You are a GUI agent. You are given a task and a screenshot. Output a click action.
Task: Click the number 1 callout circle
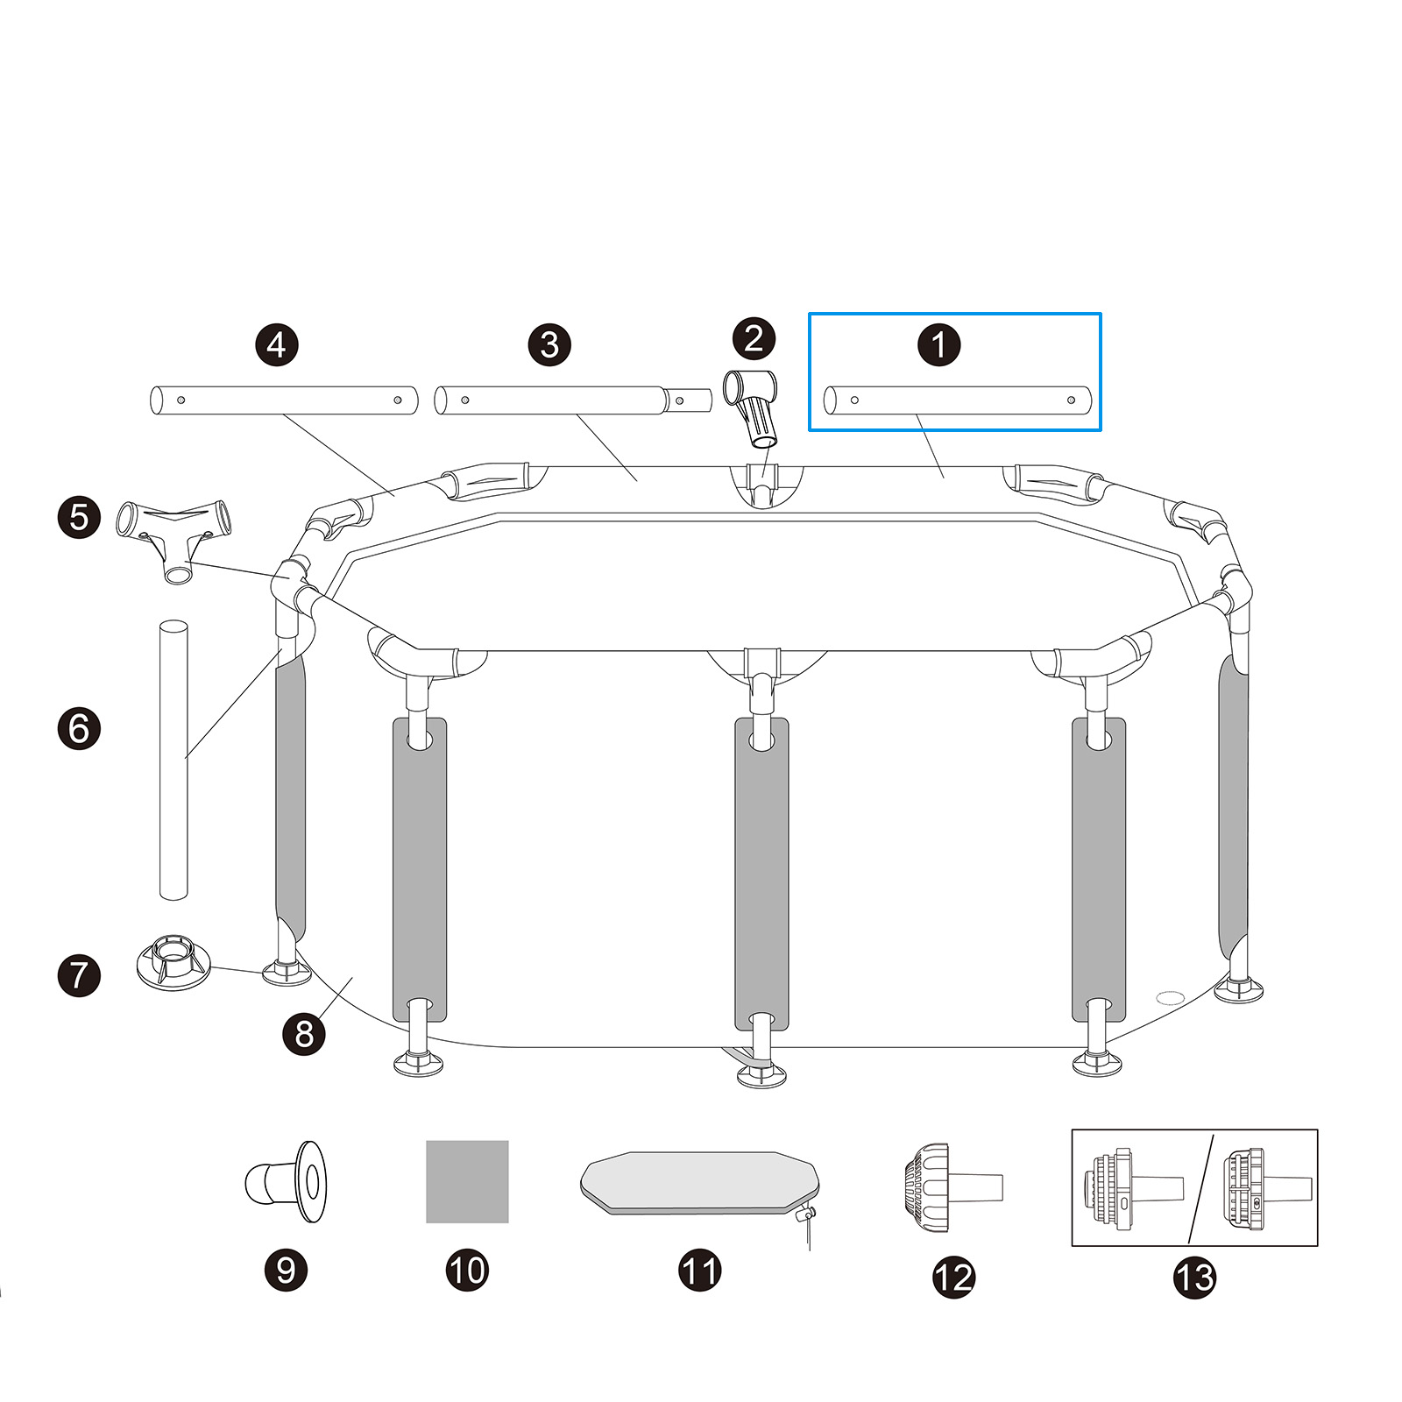tap(938, 344)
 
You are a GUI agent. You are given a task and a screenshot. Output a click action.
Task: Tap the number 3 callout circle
tap(549, 344)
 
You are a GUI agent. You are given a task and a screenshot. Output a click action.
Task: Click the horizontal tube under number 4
tap(283, 400)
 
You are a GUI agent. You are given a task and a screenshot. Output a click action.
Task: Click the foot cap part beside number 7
tap(173, 961)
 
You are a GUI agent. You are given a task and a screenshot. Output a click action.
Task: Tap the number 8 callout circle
tap(304, 1034)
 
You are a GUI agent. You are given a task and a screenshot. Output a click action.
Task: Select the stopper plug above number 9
tap(287, 1181)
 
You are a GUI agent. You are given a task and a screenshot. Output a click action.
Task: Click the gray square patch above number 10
tap(467, 1181)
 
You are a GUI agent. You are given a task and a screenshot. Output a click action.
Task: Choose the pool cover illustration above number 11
tap(698, 1182)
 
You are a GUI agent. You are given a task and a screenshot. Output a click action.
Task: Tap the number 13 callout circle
tap(1194, 1277)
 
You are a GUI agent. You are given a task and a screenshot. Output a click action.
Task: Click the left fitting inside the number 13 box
tap(1135, 1187)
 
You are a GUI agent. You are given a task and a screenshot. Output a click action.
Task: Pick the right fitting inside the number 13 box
tap(1266, 1187)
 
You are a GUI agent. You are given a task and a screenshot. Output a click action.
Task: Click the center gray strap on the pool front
tap(761, 876)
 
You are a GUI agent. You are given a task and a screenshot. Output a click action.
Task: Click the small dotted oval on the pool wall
tap(1169, 997)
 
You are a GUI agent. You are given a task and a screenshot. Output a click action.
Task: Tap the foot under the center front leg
tap(761, 1074)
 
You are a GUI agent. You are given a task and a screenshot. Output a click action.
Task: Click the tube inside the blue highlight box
tap(958, 400)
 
